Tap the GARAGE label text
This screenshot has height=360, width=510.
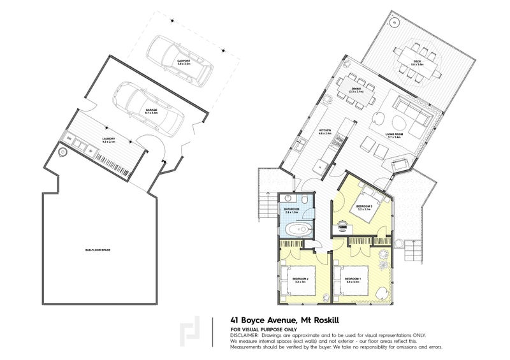pyautogui.click(x=151, y=110)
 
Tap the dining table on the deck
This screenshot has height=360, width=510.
pyautogui.click(x=417, y=61)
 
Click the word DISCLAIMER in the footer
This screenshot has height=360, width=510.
pyautogui.click(x=245, y=334)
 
